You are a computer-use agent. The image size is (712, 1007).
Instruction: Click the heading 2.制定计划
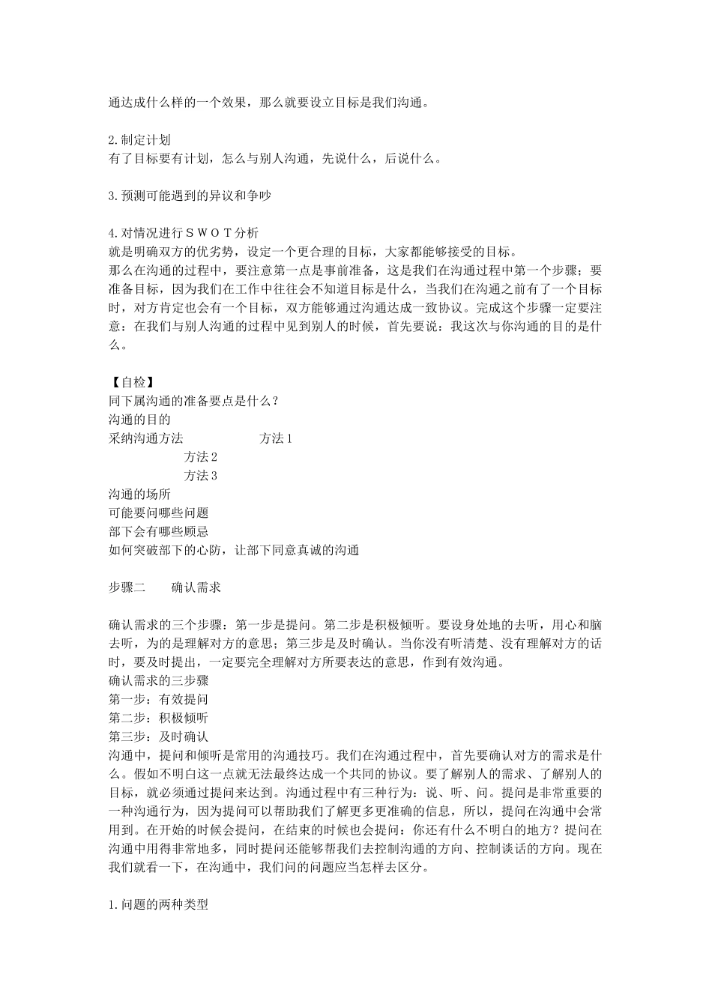[139, 140]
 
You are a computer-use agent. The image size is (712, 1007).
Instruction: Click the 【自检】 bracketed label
[131, 383]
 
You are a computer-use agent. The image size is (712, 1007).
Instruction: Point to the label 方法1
[275, 438]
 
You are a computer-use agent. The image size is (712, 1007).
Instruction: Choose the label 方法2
[200, 457]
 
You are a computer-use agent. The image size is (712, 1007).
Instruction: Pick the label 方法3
[200, 476]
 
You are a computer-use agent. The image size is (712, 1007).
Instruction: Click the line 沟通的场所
[139, 495]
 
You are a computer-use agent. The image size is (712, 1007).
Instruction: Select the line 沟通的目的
[139, 420]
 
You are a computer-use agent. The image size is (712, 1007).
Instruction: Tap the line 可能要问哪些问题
[158, 513]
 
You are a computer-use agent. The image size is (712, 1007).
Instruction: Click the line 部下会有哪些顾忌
[158, 532]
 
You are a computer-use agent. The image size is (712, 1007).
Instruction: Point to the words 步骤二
[127, 588]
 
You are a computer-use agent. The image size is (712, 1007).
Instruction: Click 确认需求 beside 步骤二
[196, 588]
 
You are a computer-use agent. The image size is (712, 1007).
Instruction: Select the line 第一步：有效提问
[158, 700]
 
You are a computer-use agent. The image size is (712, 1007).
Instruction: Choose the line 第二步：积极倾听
[158, 719]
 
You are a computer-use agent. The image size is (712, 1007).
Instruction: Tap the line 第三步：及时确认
[158, 737]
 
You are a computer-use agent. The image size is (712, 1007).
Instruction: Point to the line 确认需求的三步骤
[158, 681]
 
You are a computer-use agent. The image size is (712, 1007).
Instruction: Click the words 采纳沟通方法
[145, 438]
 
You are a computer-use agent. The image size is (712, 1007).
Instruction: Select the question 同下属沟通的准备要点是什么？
[194, 402]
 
